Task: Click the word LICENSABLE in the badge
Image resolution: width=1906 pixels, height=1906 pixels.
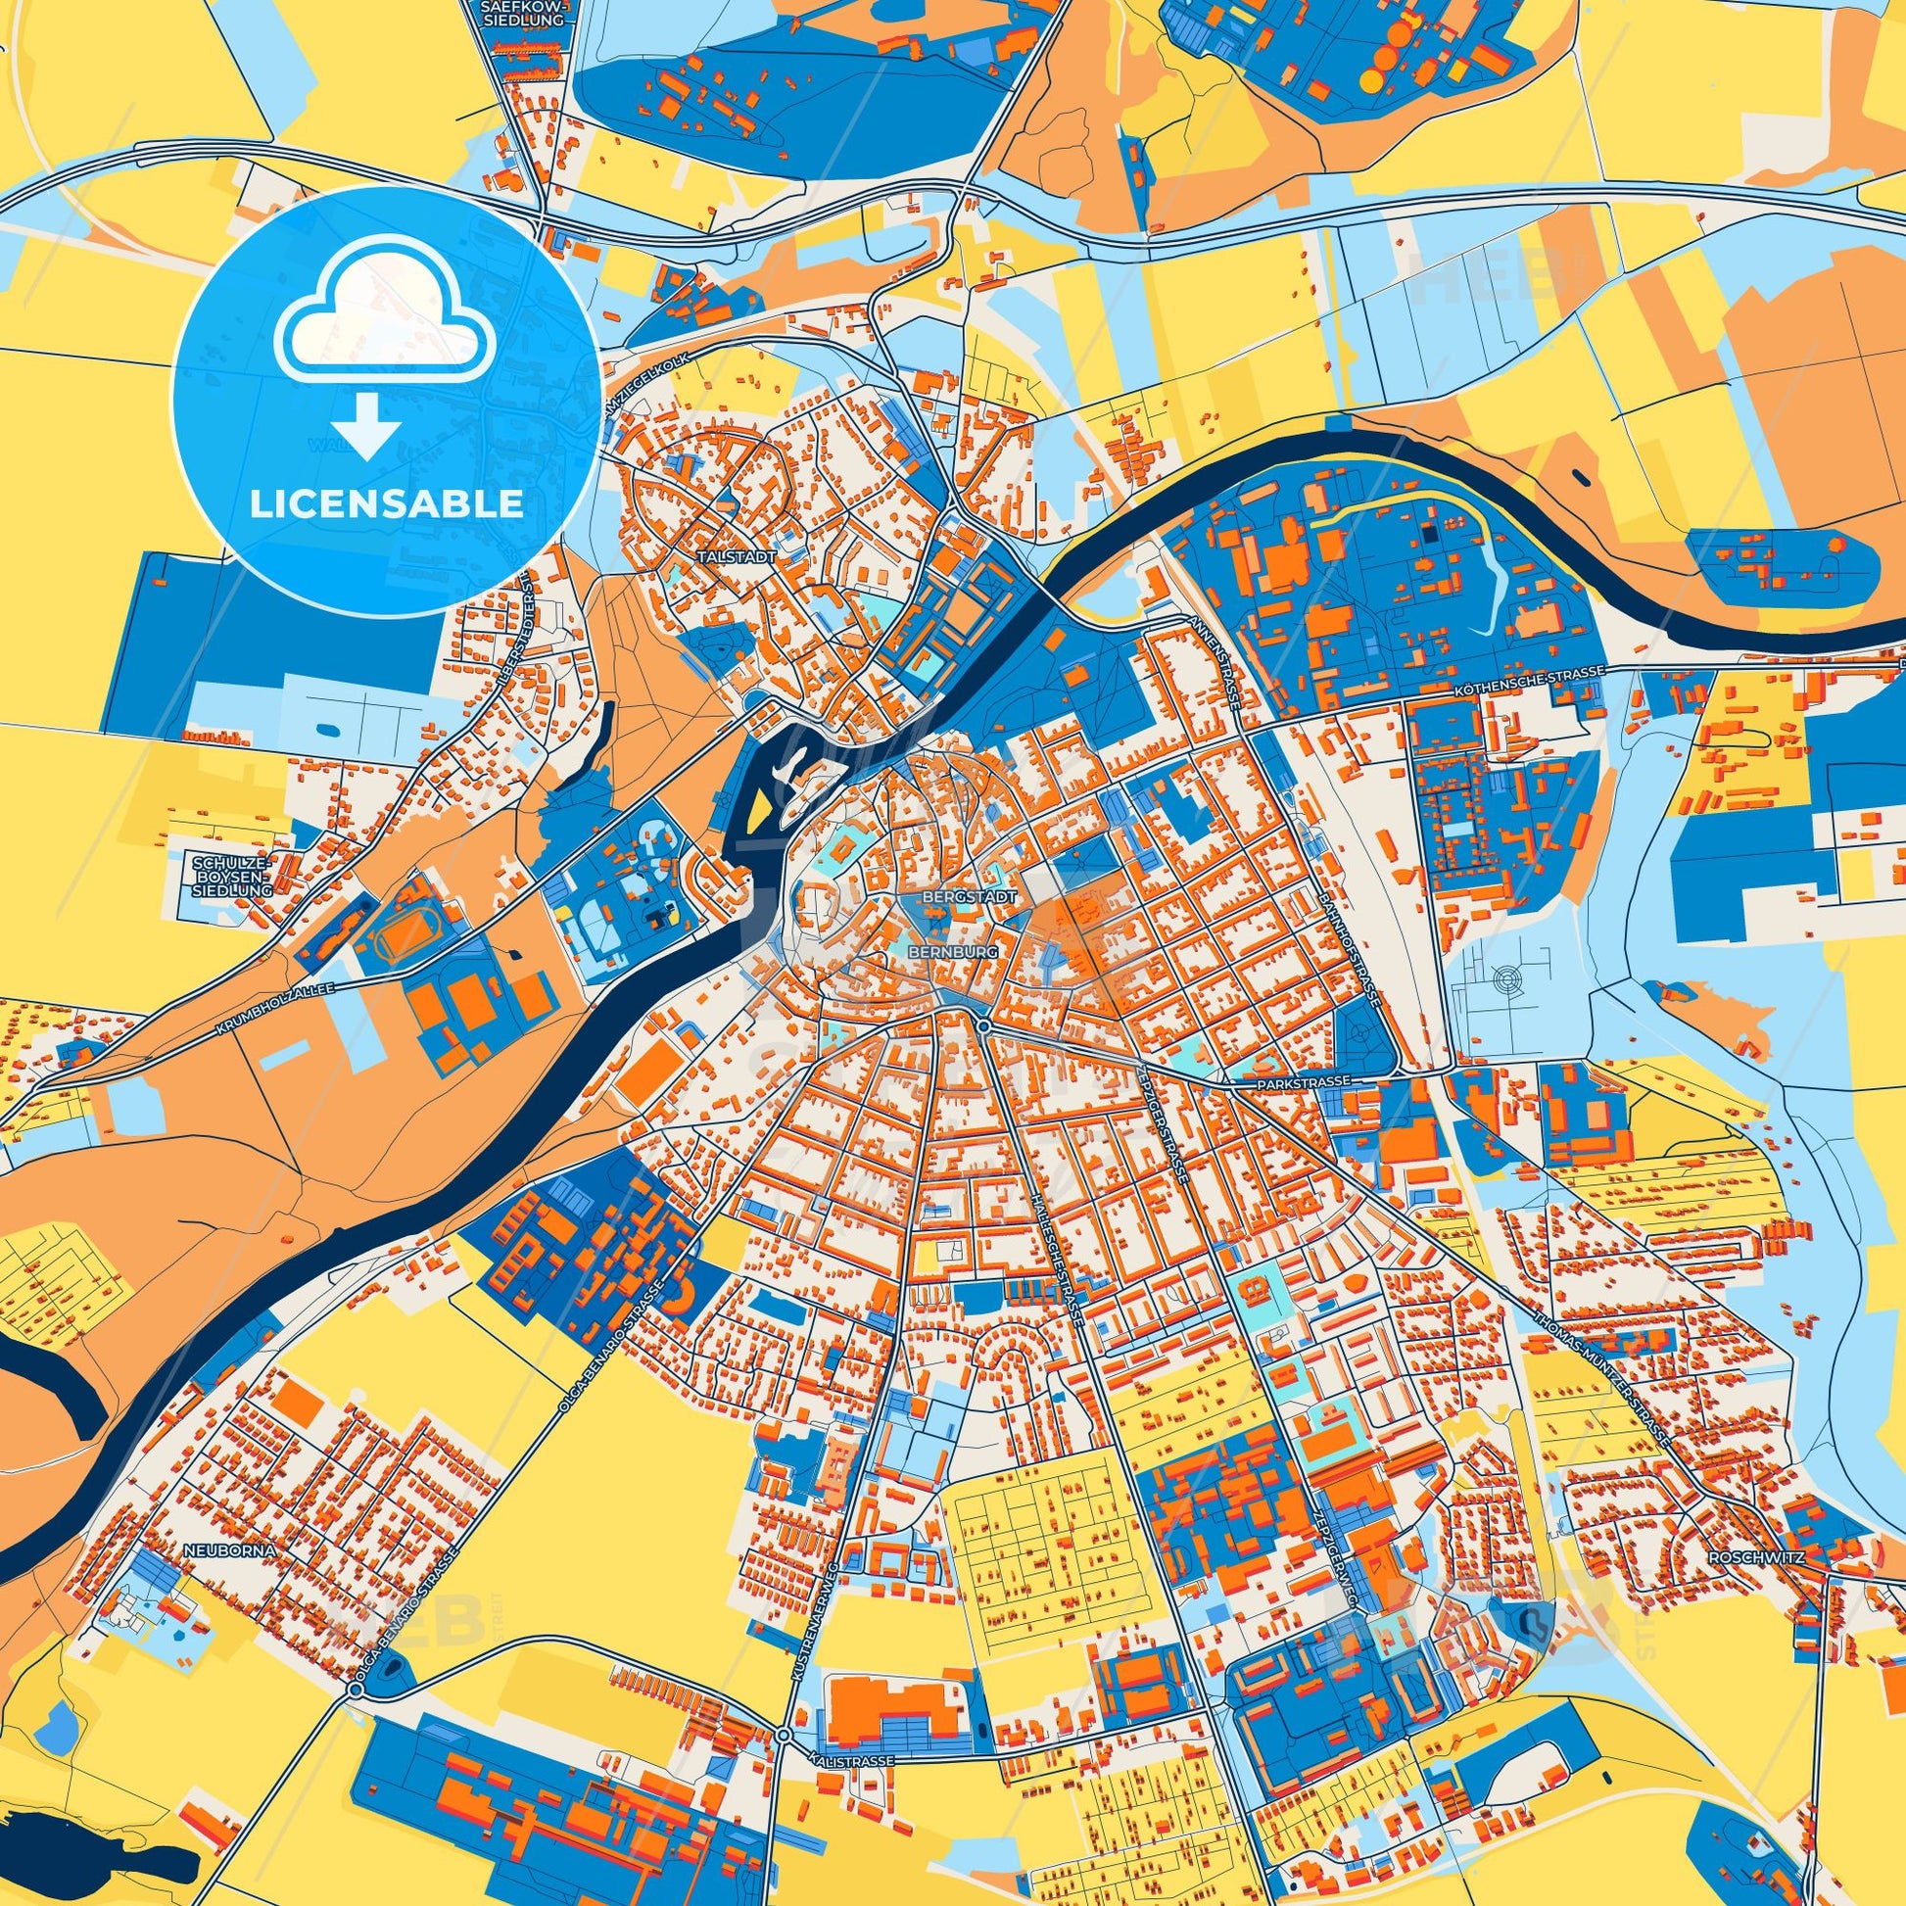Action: (386, 504)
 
